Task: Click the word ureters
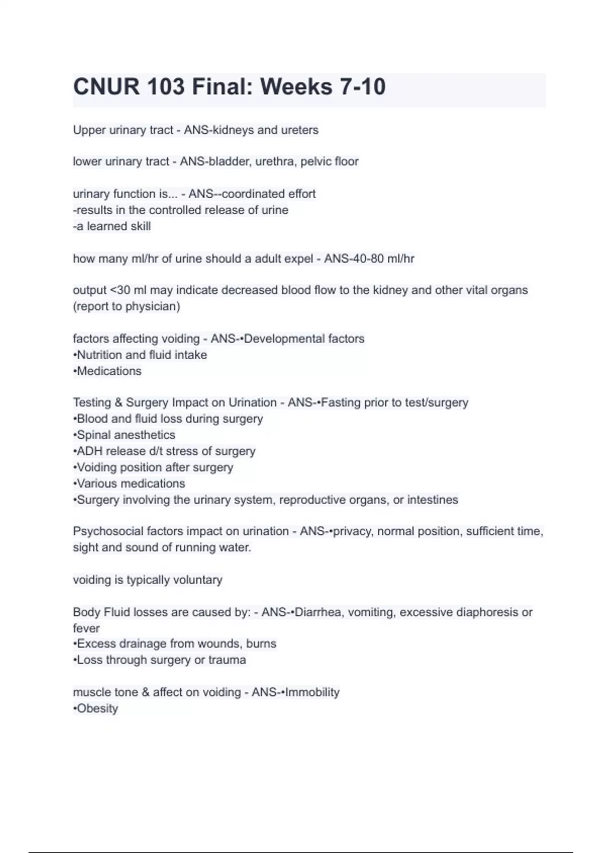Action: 300,130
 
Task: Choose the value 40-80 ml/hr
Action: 370,259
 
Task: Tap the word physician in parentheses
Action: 152,307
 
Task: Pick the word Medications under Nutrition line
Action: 109,371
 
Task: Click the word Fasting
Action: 341,402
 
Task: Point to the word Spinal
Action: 94,435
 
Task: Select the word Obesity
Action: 97,708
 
